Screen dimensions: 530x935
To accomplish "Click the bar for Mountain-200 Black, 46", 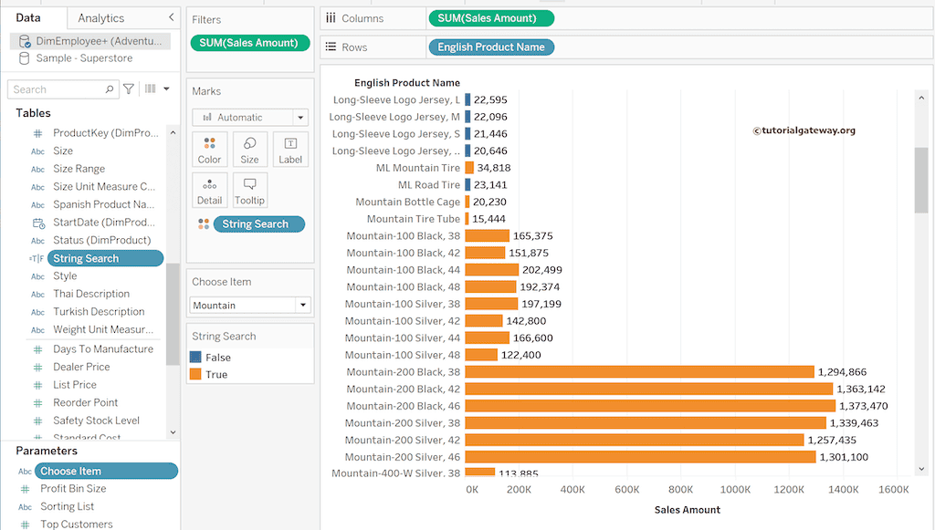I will [649, 406].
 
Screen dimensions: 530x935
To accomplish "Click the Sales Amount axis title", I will [688, 510].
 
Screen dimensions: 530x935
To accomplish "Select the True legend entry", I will [216, 375].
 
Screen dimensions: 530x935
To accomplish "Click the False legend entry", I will [217, 358].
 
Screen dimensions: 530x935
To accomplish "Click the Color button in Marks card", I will [209, 150].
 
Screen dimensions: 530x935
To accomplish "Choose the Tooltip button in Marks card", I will [249, 191].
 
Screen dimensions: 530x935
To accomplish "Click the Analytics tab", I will [101, 18].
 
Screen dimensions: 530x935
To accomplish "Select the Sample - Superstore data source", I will [84, 58].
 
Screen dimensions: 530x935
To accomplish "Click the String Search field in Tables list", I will [86, 258].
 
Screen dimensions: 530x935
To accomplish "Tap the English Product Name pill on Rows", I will [490, 47].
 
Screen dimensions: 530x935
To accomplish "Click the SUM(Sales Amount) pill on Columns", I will [489, 18].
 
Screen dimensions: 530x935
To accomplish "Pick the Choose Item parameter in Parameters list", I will [70, 471].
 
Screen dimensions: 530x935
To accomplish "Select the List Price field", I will [75, 385].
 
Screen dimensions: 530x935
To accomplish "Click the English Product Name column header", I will [406, 83].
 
